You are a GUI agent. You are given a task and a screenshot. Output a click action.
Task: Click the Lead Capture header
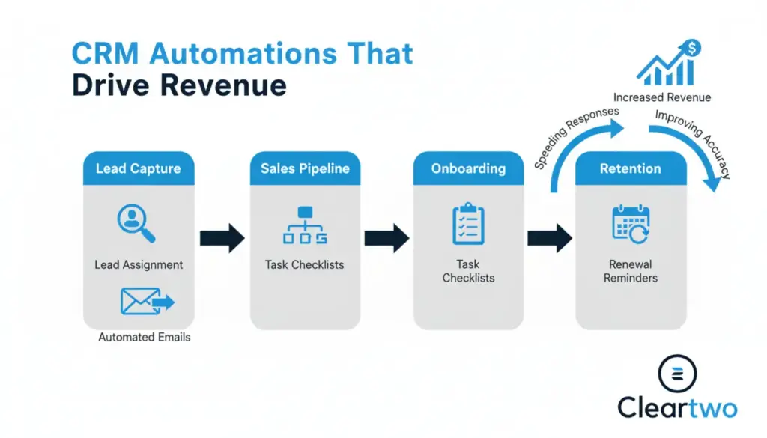click(x=138, y=168)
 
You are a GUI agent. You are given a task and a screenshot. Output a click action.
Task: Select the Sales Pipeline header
click(x=305, y=168)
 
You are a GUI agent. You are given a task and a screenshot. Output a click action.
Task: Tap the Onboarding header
click(x=468, y=168)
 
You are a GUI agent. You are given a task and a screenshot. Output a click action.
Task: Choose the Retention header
click(x=631, y=168)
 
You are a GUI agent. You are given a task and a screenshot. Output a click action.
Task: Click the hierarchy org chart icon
click(x=305, y=225)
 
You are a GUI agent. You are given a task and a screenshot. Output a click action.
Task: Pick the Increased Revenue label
click(x=662, y=97)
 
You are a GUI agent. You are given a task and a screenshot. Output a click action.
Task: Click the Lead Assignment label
click(x=139, y=265)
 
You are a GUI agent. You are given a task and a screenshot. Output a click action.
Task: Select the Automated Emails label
click(x=145, y=337)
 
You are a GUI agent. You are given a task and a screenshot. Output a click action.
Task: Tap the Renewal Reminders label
click(x=631, y=271)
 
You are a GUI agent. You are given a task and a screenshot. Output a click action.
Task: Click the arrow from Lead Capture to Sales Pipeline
click(x=222, y=238)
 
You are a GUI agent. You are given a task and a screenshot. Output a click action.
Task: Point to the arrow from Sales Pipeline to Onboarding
click(x=386, y=238)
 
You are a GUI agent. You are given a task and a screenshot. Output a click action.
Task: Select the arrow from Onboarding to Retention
click(x=550, y=238)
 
